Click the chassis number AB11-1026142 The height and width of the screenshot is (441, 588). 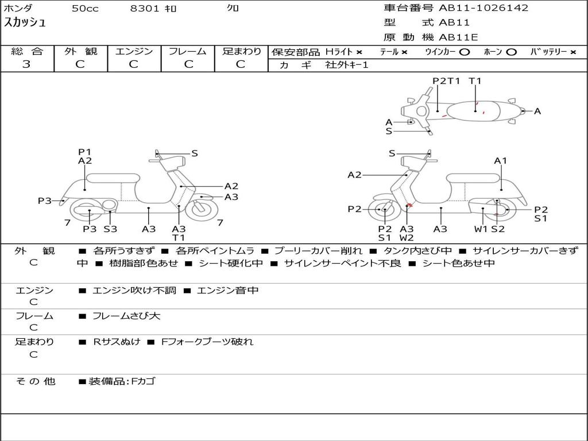[483, 8]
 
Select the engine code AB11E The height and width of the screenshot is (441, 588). [458, 37]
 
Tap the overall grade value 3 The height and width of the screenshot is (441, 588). [26, 64]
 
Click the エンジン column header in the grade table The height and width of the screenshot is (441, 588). [134, 51]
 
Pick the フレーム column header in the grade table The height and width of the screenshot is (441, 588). [188, 51]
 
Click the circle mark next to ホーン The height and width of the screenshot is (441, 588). [511, 52]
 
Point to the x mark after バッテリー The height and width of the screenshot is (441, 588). [573, 52]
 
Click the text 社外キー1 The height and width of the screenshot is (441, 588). [347, 65]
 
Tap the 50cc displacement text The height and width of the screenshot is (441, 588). [85, 9]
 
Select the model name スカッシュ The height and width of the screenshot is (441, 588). [25, 22]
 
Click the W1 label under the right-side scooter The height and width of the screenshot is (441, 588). [481, 229]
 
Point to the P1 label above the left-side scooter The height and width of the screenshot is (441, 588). [85, 152]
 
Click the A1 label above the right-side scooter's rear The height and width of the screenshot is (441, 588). [500, 161]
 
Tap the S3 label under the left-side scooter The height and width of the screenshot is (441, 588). [110, 229]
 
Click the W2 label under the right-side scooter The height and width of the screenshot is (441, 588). [407, 238]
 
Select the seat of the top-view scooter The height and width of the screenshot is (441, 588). [474, 111]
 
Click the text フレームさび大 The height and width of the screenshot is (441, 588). [126, 316]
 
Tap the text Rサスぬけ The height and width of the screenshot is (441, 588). [117, 342]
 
